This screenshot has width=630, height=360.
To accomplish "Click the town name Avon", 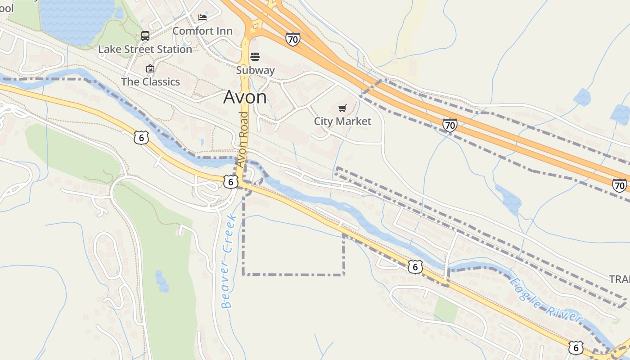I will (x=245, y=97).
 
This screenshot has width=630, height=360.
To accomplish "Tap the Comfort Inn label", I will (x=202, y=31).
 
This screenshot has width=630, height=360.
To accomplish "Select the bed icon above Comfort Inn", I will (x=202, y=18).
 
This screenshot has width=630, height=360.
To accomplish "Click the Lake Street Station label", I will (x=145, y=49).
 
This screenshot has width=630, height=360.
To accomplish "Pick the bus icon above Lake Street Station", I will (x=145, y=36).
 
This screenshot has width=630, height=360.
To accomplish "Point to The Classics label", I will (x=150, y=82).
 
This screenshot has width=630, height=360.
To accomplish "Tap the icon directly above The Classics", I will (x=150, y=68).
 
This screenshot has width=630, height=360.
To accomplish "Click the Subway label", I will (x=255, y=70).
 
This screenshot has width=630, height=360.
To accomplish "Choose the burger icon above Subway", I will (x=255, y=57).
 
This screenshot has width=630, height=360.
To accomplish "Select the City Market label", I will (x=342, y=121).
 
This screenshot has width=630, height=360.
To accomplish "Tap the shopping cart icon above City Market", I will (x=342, y=108).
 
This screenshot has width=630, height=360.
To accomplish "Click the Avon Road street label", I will (x=243, y=139).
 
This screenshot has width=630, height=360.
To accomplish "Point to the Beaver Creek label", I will (x=229, y=261).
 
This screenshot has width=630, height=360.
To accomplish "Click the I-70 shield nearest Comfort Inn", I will (x=292, y=39).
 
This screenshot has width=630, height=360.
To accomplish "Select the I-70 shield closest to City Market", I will (x=450, y=125).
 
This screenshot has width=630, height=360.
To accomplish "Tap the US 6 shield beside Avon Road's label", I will (x=230, y=181).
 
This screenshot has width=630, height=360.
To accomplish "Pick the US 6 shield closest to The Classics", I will (x=141, y=138).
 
